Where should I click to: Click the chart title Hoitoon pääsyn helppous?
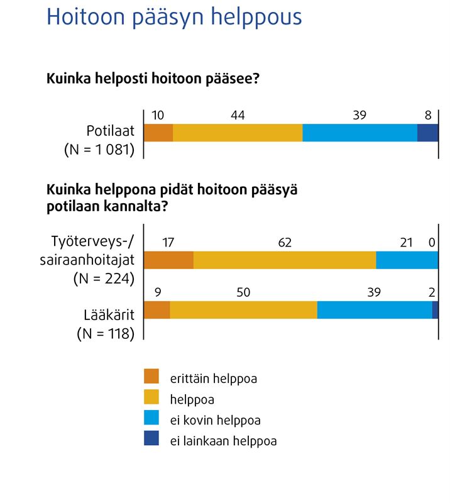174,18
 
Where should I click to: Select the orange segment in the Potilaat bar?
158,133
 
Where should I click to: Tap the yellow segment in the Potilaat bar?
238,133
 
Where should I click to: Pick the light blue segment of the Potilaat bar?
359,133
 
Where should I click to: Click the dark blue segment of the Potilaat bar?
427,133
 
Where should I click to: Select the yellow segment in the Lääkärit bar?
243,310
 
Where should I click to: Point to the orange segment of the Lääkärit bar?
157,310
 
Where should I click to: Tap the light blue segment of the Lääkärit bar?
375,310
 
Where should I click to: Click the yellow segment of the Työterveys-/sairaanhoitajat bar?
285,260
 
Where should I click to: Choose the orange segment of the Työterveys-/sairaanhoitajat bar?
169,260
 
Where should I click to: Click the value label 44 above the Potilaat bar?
238,116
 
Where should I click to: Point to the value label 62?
285,243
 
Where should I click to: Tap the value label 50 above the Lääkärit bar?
243,293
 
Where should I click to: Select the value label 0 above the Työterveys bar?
431,243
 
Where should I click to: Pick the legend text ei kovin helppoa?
215,420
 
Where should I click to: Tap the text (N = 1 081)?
100,150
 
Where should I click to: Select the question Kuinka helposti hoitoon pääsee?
154,80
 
